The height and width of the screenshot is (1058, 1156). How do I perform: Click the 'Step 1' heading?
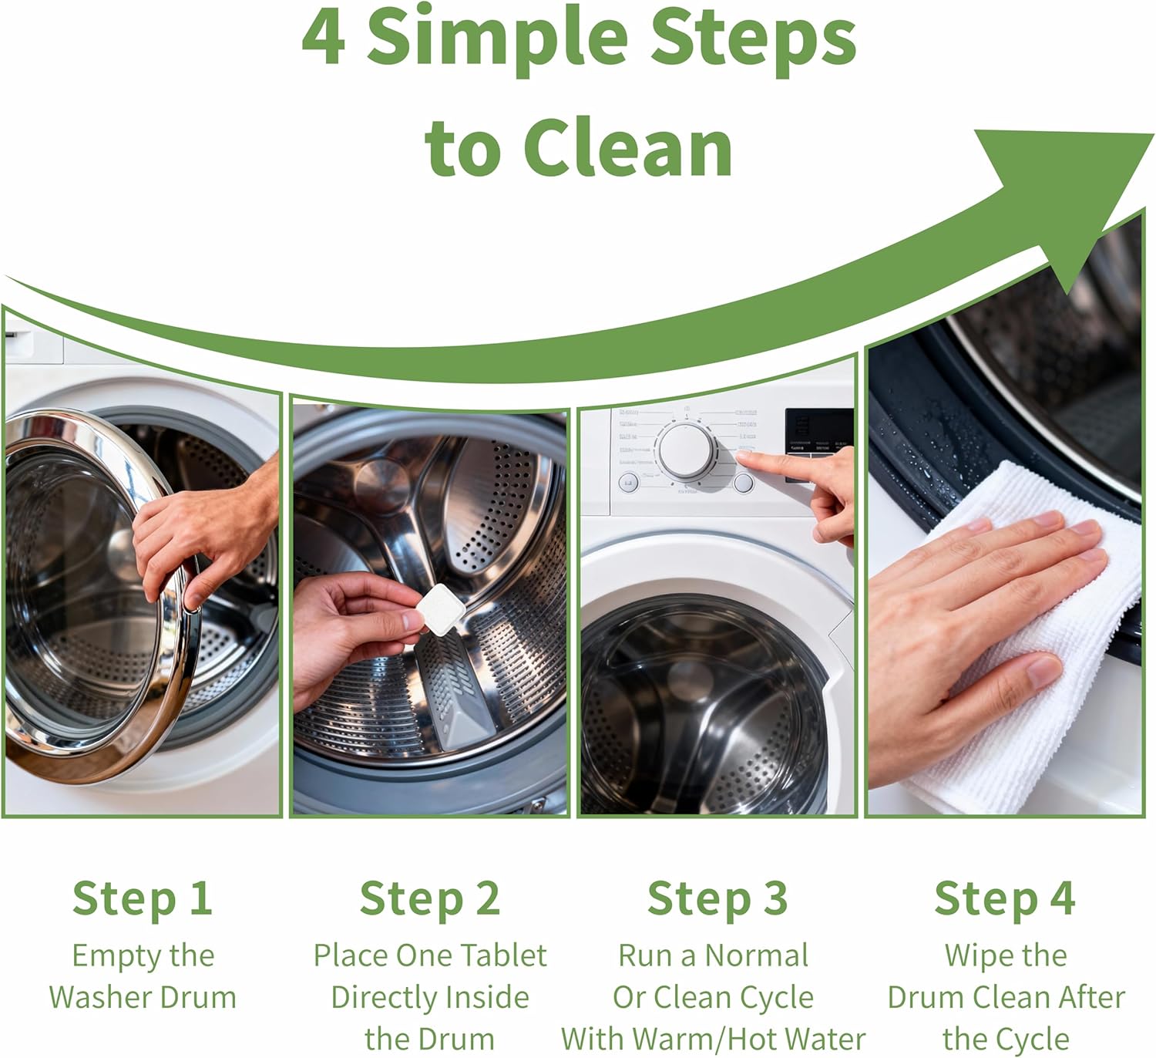pos(143,899)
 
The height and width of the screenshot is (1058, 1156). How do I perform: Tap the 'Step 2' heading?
pos(430,899)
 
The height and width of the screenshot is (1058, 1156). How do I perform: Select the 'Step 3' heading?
pos(717,899)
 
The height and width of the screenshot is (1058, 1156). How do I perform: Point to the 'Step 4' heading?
pos(1005,899)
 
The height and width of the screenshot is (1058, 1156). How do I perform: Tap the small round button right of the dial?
pos(744,484)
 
